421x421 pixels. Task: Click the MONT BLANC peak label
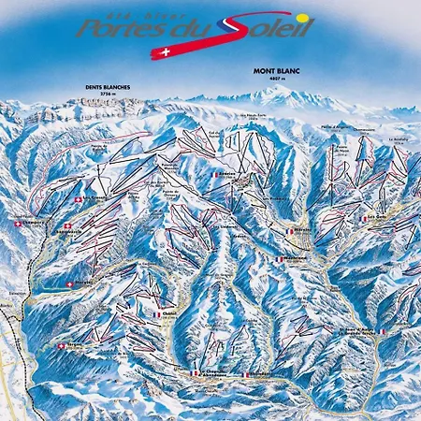coord(270,71)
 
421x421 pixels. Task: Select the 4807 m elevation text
coord(270,78)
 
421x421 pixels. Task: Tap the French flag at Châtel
coord(156,315)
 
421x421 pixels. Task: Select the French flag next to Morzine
coord(286,227)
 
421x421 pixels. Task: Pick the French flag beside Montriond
coord(278,259)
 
